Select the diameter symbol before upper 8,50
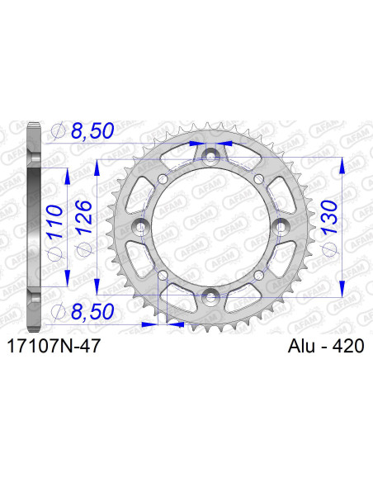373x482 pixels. tap(58, 130)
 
